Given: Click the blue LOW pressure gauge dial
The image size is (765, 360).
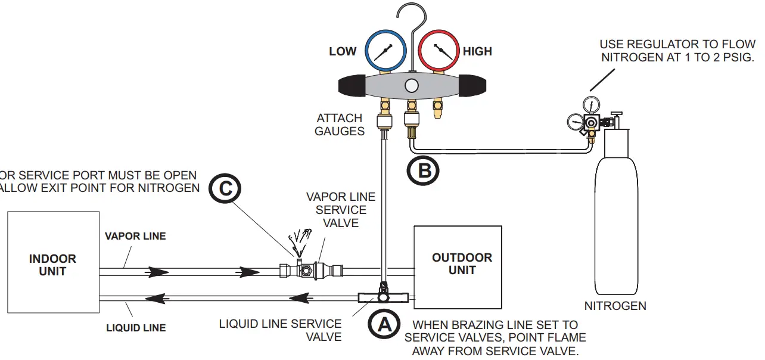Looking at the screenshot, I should (384, 52).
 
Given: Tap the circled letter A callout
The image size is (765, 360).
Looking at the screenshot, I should (383, 325).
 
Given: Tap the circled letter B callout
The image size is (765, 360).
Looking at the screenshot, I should (423, 170).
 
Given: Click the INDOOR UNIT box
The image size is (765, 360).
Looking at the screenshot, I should (53, 262).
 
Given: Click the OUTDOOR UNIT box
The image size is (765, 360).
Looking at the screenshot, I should (458, 267).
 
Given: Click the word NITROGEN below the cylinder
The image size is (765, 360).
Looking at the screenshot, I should (615, 306).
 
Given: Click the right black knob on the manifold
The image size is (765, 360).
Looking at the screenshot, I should (471, 86).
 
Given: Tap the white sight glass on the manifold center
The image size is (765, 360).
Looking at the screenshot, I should (411, 85).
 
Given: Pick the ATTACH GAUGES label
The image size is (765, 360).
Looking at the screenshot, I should (340, 125).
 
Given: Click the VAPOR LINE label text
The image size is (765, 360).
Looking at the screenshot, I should (135, 236).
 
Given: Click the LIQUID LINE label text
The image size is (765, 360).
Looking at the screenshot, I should (136, 328).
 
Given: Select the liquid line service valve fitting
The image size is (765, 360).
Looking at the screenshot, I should (382, 296).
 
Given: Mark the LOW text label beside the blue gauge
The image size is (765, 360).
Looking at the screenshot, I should (343, 52).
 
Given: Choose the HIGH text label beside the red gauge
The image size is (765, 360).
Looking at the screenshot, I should (477, 52).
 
